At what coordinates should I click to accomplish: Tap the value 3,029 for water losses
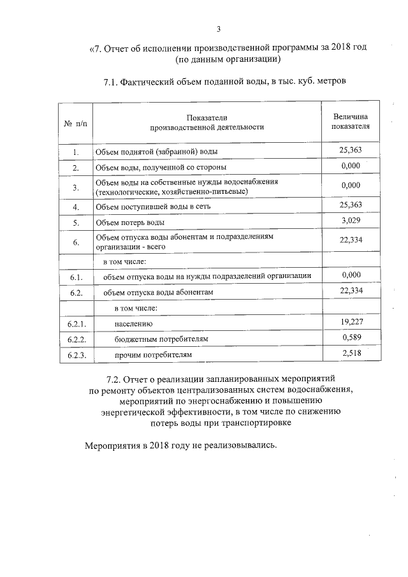[351, 221]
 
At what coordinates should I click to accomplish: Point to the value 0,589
[351, 338]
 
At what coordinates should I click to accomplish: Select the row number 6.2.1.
[76, 324]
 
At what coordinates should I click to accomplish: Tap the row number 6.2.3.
[76, 354]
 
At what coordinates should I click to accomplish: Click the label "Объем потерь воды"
[129, 223]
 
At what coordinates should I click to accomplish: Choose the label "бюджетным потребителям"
[161, 339]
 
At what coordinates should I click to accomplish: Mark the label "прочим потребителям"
[152, 354]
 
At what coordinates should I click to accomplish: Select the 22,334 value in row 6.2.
[351, 291]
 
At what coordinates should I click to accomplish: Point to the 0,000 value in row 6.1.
[351, 274]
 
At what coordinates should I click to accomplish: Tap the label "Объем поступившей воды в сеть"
[157, 207]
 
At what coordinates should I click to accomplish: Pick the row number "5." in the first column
[75, 223]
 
